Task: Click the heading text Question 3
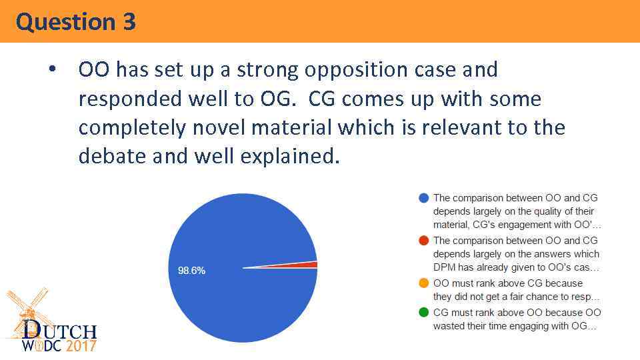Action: click(76, 22)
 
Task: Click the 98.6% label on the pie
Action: click(191, 271)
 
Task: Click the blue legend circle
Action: click(423, 198)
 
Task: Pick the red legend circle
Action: click(423, 241)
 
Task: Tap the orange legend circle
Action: click(423, 283)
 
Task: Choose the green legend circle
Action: click(423, 313)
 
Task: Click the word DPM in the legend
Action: click(444, 267)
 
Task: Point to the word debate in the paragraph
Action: click(111, 156)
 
